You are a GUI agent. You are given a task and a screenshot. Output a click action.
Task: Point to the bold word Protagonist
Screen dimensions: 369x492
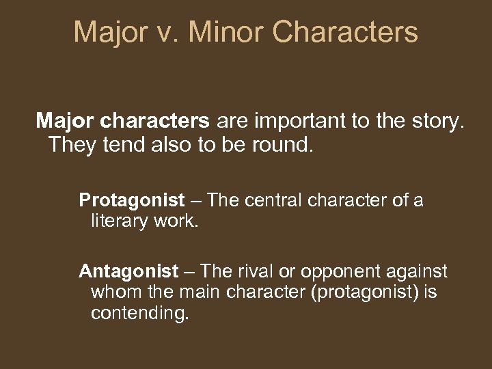[132, 200]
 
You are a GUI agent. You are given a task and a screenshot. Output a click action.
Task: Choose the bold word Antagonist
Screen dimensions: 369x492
[127, 271]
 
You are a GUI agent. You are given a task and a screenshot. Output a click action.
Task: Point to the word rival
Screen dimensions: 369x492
[261, 271]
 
